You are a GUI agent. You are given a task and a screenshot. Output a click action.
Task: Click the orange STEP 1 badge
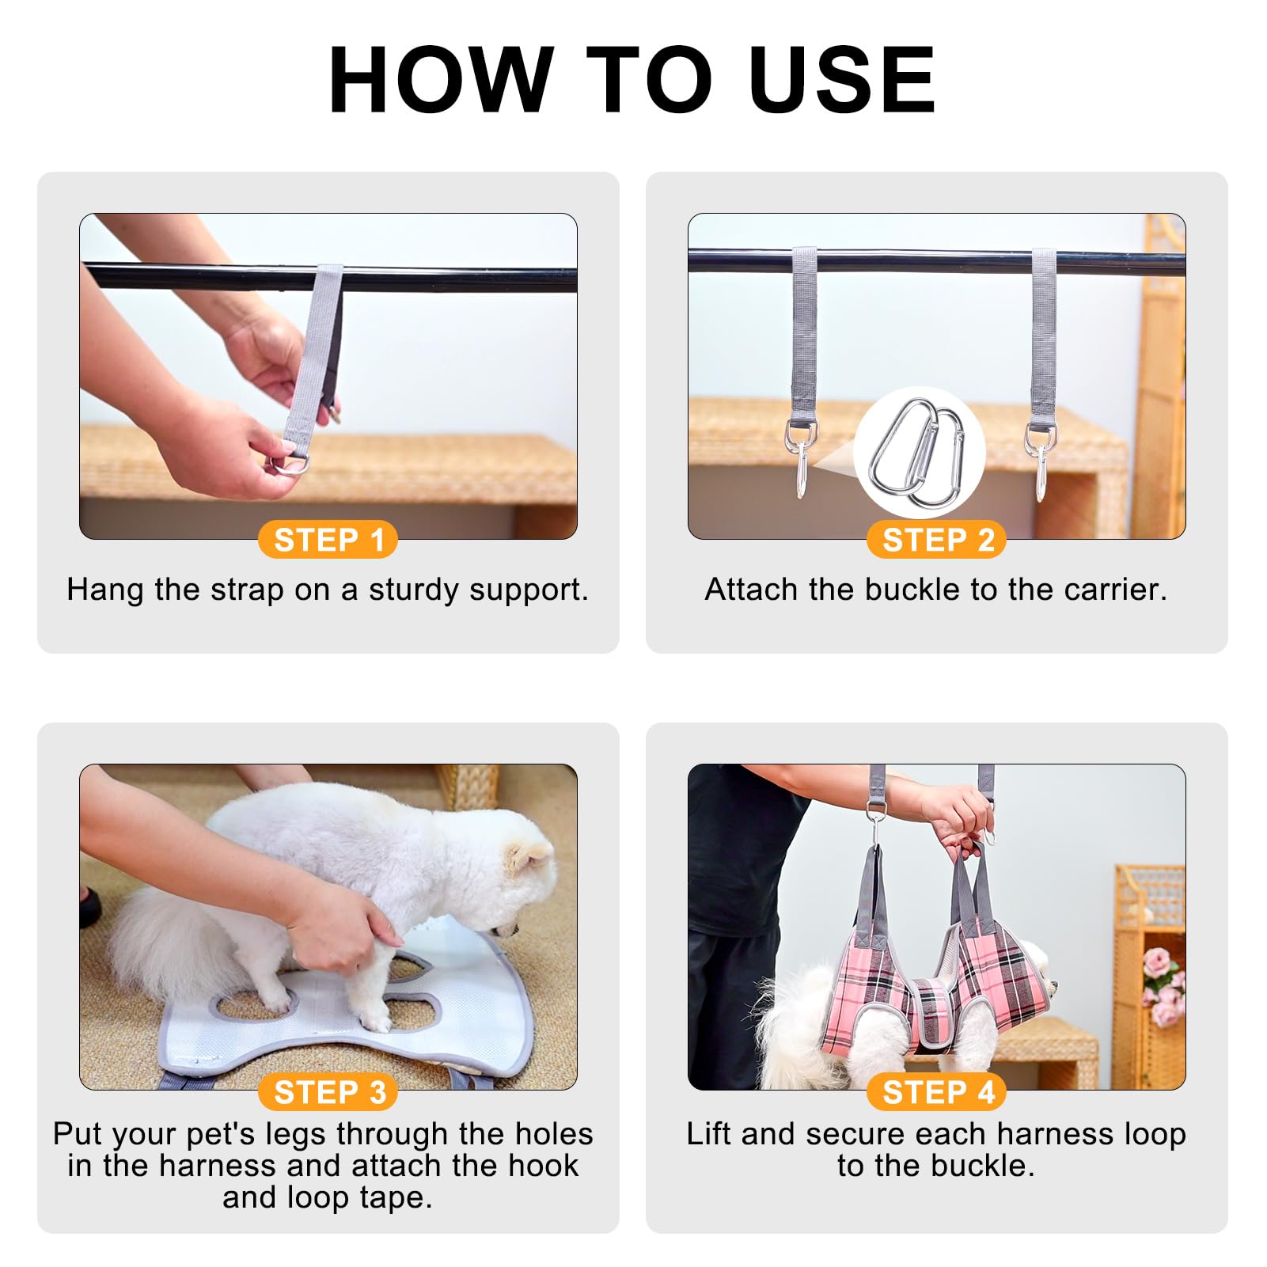tap(328, 540)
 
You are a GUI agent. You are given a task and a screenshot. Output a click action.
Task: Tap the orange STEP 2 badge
tap(937, 540)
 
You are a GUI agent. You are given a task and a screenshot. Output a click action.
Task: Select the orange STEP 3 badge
tap(328, 1092)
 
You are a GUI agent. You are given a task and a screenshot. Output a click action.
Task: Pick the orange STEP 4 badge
tap(937, 1092)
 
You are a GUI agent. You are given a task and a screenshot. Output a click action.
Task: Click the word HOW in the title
tap(441, 81)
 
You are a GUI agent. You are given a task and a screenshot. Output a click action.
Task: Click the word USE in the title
tap(841, 81)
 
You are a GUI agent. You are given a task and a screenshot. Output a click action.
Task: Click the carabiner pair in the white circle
tap(918, 453)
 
